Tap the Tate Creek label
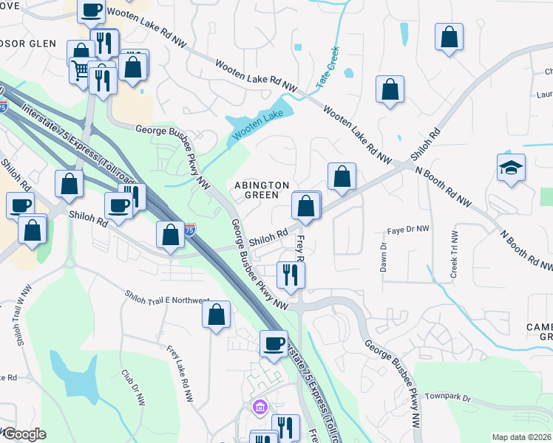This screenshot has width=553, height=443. click(x=328, y=68)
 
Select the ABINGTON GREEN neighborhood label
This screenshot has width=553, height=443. click(x=257, y=190)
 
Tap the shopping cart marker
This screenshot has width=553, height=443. click(x=81, y=71)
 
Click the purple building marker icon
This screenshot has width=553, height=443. click(x=259, y=407)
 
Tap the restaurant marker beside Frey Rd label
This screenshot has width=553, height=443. click(x=291, y=274)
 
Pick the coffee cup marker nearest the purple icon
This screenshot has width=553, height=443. click(x=274, y=343)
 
